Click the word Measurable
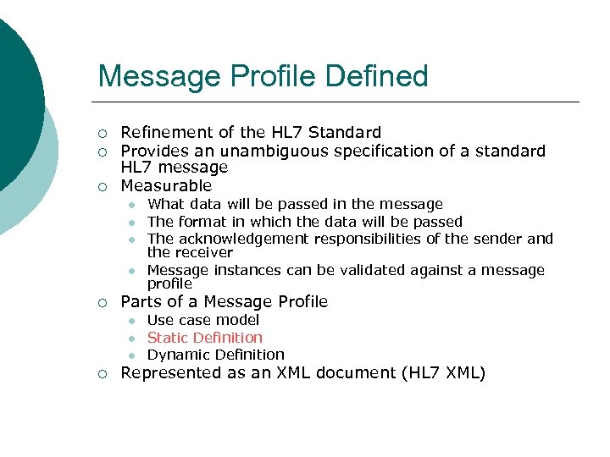(166, 185)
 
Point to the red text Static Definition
(205, 338)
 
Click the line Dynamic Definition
(215, 355)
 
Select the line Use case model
(203, 320)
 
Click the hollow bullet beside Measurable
(102, 186)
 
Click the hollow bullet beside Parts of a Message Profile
(102, 303)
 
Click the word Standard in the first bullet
(345, 132)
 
